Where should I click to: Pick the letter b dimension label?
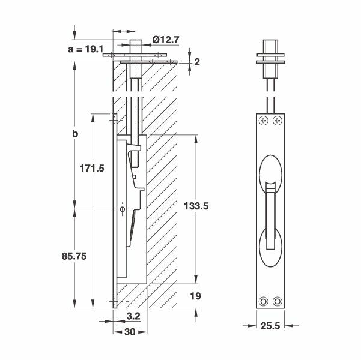pyautogui.click(x=75, y=134)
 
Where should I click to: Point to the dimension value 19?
pyautogui.click(x=196, y=296)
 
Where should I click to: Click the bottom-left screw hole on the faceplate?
pyautogui.click(x=262, y=301)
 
